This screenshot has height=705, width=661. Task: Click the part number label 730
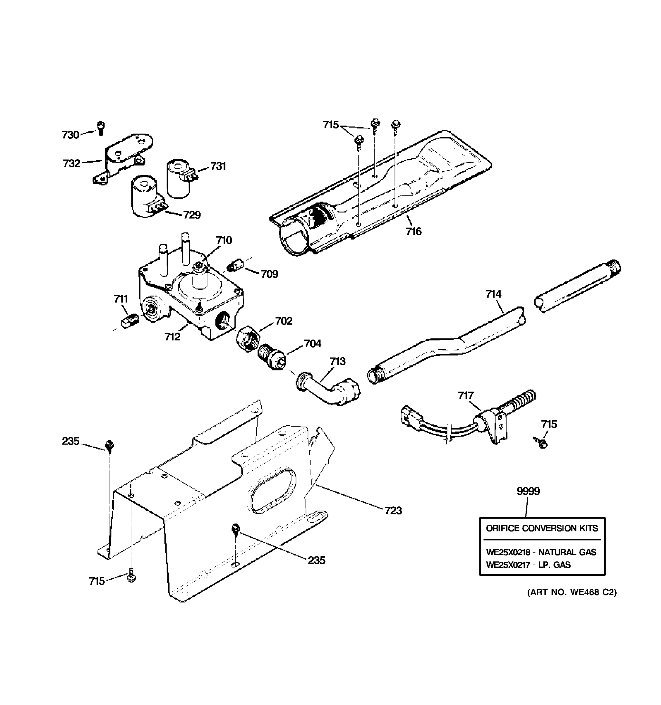coord(70,135)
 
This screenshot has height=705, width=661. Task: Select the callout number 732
coord(71,164)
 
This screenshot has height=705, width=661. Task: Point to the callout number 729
coord(192,215)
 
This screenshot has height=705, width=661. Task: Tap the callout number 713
coord(337,361)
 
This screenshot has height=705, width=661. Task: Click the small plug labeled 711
coord(130,320)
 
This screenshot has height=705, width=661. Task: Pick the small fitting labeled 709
coord(234,266)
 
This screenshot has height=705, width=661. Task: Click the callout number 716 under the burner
coord(413,231)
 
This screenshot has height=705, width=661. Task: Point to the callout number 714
coord(493,294)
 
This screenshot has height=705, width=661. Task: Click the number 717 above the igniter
coord(466,395)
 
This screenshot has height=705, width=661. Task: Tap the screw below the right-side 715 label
coord(541,443)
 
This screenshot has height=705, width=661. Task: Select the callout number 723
coord(393,511)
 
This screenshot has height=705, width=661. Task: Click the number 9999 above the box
coord(528,491)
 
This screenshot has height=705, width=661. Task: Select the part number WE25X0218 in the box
coord(508,552)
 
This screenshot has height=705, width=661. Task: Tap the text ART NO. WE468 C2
coord(572,592)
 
